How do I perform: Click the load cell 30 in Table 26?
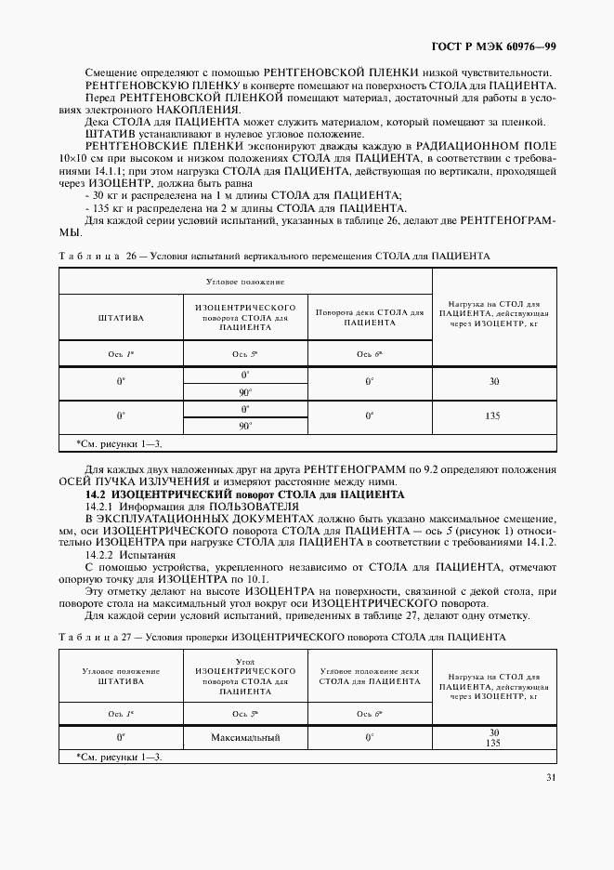493,381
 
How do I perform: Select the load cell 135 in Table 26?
493,416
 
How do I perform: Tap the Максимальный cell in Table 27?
245,737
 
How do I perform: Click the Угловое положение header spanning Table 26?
245,280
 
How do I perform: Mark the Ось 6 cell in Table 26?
370,354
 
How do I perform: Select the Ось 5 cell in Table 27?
245,713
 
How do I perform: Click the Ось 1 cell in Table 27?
121,713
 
